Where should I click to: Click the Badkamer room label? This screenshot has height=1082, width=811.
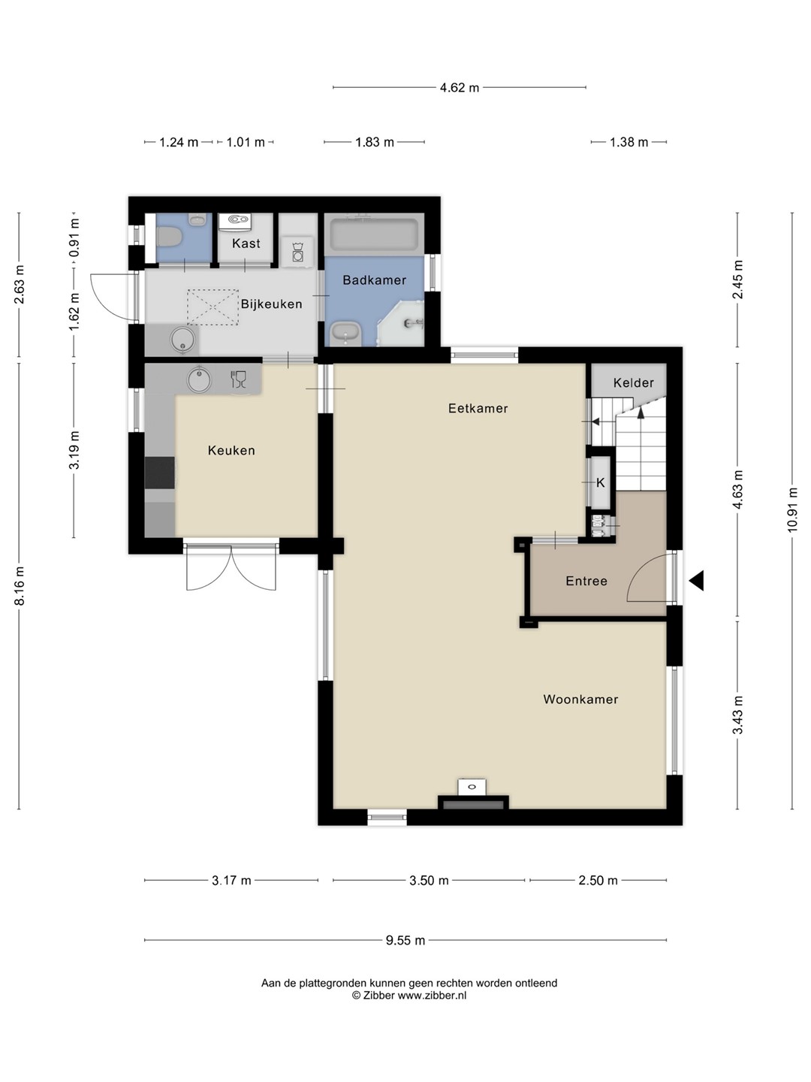[374, 280]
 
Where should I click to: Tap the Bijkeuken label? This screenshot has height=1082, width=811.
[271, 304]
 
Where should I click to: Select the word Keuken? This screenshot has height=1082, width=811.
[231, 450]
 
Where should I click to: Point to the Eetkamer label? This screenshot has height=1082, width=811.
[478, 408]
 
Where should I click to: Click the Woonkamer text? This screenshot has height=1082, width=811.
[580, 699]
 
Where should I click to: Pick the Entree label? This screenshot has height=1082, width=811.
[586, 581]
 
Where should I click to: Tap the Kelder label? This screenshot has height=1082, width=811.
[633, 382]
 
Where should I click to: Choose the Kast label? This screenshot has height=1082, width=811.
[246, 243]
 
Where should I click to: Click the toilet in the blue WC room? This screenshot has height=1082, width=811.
[169, 237]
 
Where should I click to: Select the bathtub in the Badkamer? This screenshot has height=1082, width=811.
[374, 234]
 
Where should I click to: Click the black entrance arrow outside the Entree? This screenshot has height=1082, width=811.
[696, 580]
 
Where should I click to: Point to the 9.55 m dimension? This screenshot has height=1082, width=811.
[405, 941]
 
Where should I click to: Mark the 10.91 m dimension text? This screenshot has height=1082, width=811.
[792, 509]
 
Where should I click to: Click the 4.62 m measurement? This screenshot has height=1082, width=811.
[459, 88]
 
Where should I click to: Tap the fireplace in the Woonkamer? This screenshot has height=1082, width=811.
[473, 802]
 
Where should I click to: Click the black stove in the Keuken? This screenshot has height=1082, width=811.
[160, 472]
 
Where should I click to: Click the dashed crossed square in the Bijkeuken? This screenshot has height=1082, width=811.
[213, 307]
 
